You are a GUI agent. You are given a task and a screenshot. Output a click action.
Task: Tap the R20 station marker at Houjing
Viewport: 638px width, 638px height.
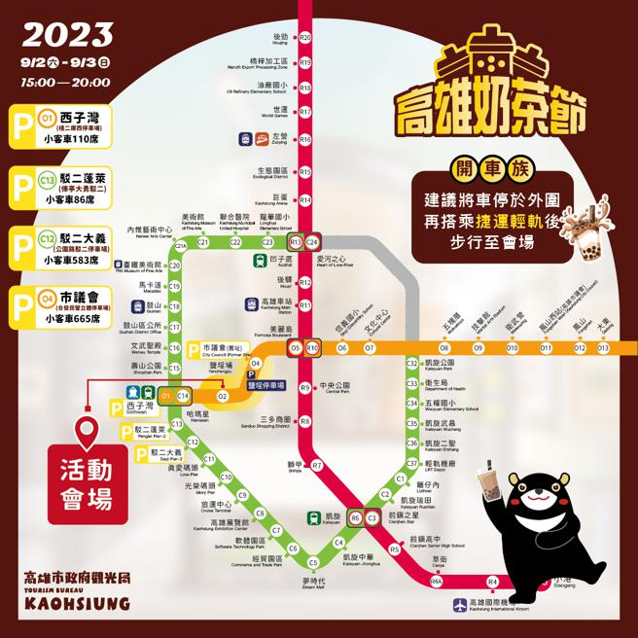(x=305, y=37)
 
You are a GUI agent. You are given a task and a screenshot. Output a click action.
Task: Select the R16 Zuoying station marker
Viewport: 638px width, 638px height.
(x=305, y=139)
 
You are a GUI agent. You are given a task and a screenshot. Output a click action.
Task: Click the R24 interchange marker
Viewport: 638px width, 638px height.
(x=313, y=241)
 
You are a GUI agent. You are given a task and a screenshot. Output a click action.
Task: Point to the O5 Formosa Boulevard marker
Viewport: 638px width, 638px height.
(x=295, y=347)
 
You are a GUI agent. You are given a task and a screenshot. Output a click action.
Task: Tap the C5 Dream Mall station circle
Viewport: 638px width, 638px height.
(x=313, y=562)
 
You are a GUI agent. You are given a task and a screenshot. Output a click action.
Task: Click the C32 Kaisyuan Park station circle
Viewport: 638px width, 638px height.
(x=411, y=363)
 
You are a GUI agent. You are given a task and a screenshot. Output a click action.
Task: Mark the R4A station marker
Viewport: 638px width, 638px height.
(x=437, y=582)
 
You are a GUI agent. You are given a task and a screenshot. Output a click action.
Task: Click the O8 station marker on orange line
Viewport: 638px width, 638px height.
(x=443, y=346)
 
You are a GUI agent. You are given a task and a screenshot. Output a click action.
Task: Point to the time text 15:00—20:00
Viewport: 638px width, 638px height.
(x=64, y=82)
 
